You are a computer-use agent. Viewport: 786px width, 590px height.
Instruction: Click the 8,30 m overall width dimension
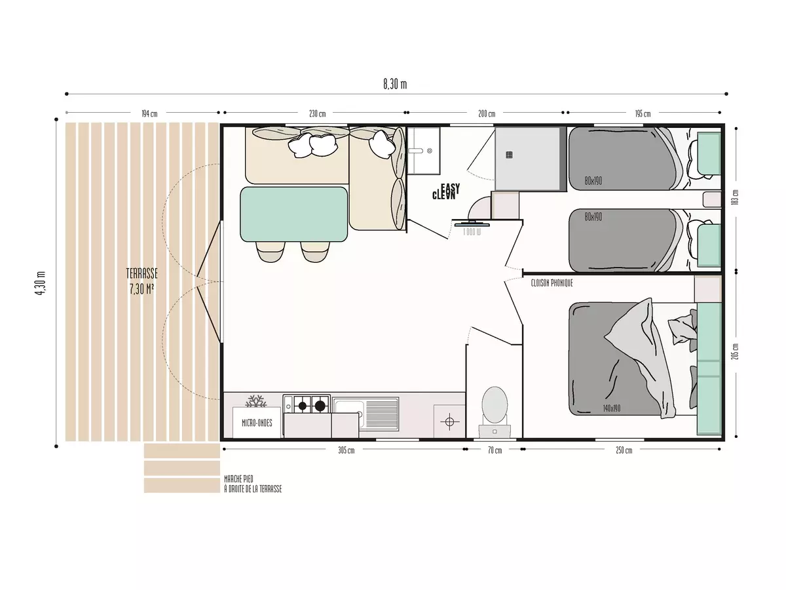[394, 84]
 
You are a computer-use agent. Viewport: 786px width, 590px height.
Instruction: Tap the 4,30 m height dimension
[41, 283]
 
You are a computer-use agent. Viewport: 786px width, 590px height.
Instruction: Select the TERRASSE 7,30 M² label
[142, 281]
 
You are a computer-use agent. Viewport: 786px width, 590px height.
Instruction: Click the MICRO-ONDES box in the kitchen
[257, 423]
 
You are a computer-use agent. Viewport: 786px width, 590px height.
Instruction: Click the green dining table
[293, 214]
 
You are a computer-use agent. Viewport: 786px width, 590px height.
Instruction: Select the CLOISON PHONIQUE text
[552, 283]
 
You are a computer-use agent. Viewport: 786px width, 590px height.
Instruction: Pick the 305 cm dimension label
[346, 450]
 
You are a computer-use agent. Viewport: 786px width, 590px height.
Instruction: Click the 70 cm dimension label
[495, 450]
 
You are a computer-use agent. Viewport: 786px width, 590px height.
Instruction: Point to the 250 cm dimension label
[624, 450]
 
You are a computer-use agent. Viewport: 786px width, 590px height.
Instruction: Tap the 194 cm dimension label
[149, 114]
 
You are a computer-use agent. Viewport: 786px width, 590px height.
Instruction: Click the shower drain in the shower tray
[510, 155]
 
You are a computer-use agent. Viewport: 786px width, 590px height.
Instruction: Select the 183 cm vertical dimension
[736, 196]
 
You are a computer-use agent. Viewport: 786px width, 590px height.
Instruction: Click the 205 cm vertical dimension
[736, 351]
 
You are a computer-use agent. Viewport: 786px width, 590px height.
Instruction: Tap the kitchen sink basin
[347, 407]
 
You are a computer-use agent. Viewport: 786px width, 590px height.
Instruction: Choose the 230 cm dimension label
[317, 114]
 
